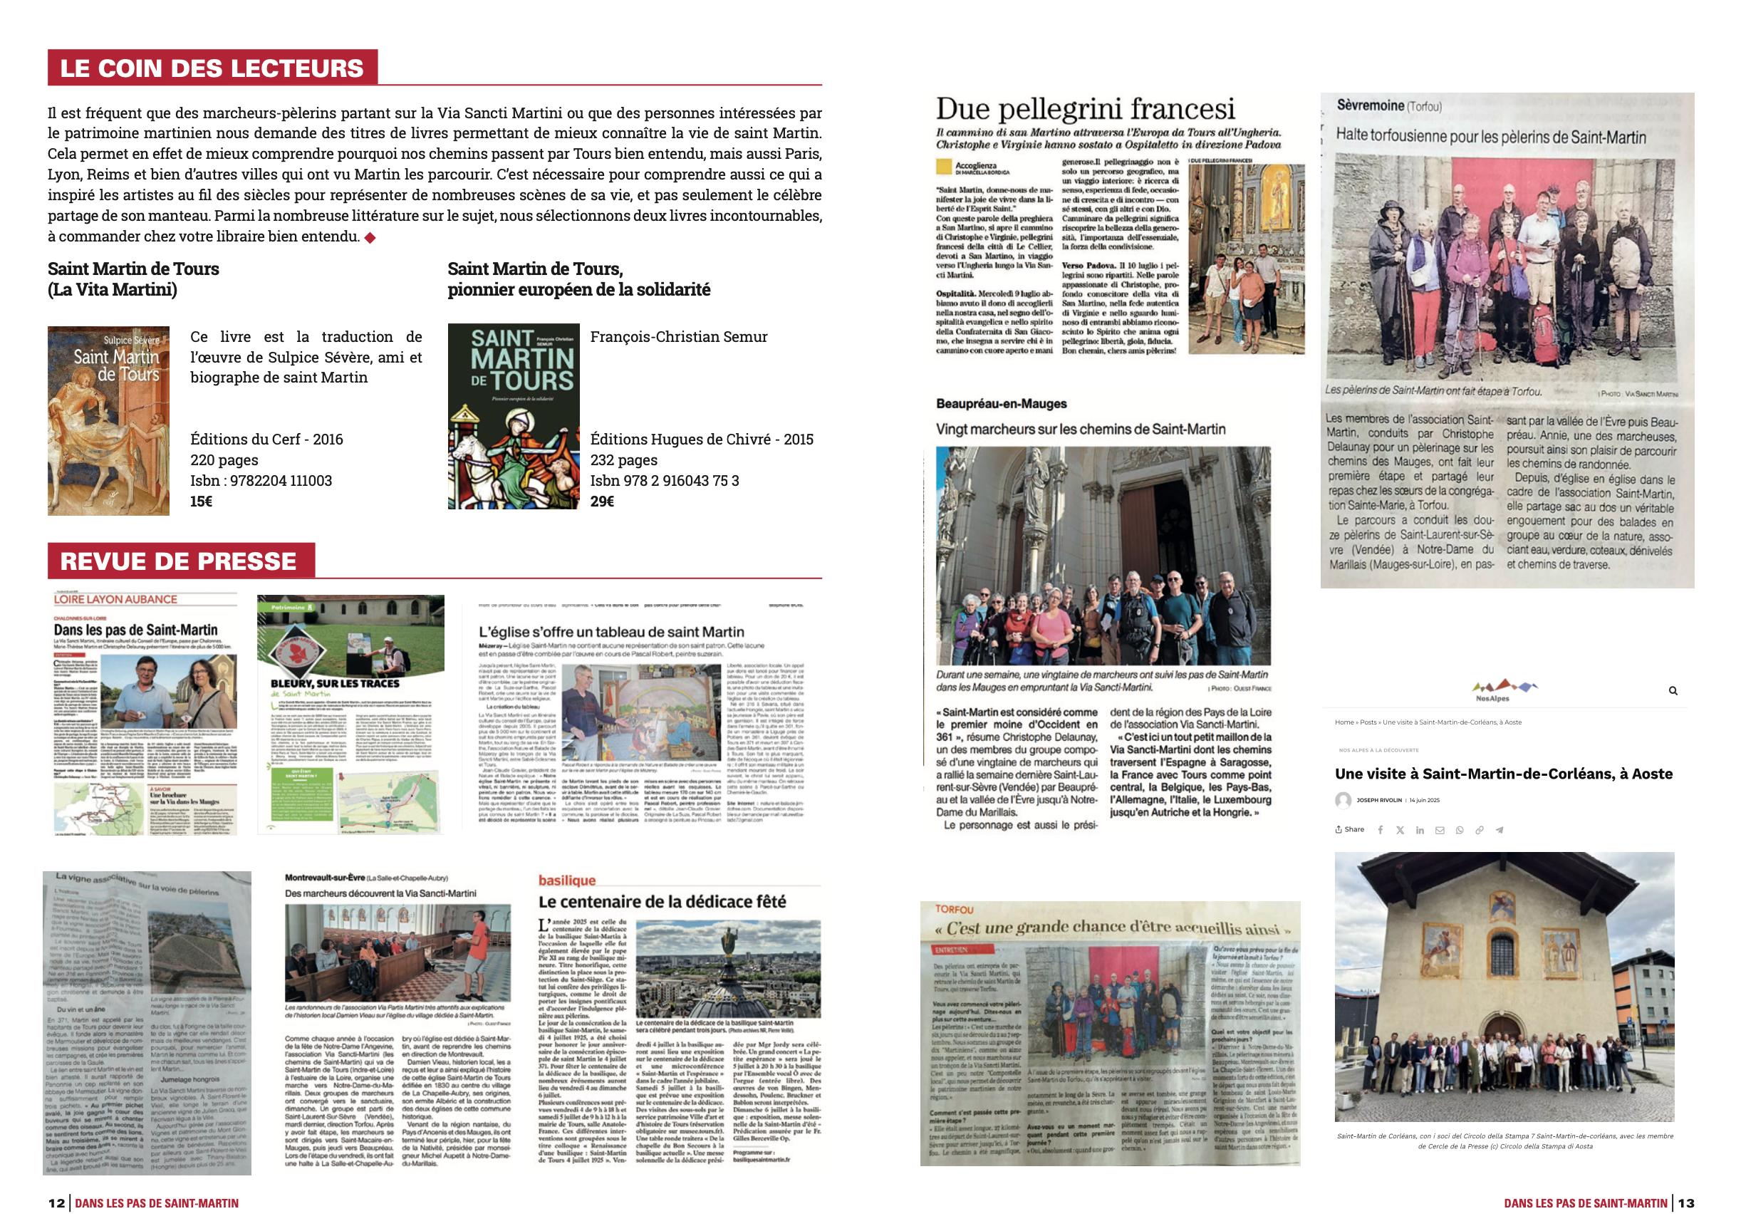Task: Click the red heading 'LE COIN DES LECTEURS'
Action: click(212, 68)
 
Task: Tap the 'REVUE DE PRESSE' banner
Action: click(178, 561)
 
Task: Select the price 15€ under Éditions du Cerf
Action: click(201, 502)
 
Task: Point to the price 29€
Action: click(601, 502)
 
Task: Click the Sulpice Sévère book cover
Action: click(108, 421)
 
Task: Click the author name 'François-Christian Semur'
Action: click(679, 337)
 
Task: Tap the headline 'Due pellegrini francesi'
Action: click(1085, 109)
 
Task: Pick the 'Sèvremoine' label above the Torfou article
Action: click(1370, 105)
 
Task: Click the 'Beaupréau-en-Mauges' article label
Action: click(1001, 403)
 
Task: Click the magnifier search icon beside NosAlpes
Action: click(1673, 691)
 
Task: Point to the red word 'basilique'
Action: click(566, 880)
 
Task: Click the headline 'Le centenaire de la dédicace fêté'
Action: click(662, 902)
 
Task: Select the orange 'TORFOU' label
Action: click(954, 909)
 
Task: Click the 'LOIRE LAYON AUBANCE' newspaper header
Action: click(115, 599)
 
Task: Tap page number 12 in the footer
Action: click(57, 1203)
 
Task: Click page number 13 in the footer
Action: click(1685, 1203)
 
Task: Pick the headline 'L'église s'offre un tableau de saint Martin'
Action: click(611, 632)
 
